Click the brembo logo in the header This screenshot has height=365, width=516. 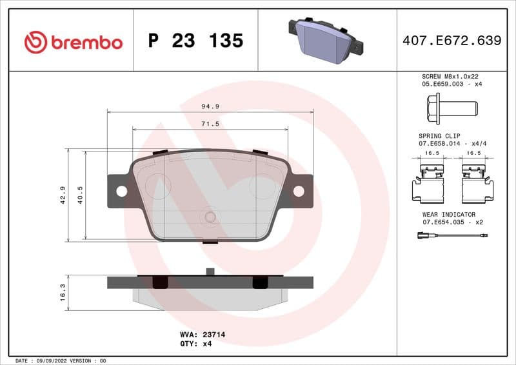click(73, 43)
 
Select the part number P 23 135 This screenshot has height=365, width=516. click(195, 41)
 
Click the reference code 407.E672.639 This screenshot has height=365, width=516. click(451, 41)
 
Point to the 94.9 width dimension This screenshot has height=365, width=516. click(209, 106)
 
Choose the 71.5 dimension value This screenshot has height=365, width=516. click(210, 123)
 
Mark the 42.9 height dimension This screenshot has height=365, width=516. click(63, 195)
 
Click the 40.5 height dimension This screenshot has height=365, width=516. click(81, 195)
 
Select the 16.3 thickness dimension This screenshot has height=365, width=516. click(63, 292)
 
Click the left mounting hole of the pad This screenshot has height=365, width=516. click(121, 191)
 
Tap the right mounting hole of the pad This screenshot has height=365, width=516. click(299, 191)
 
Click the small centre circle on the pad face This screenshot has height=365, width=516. click(210, 217)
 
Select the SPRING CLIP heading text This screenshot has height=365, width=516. click(438, 136)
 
